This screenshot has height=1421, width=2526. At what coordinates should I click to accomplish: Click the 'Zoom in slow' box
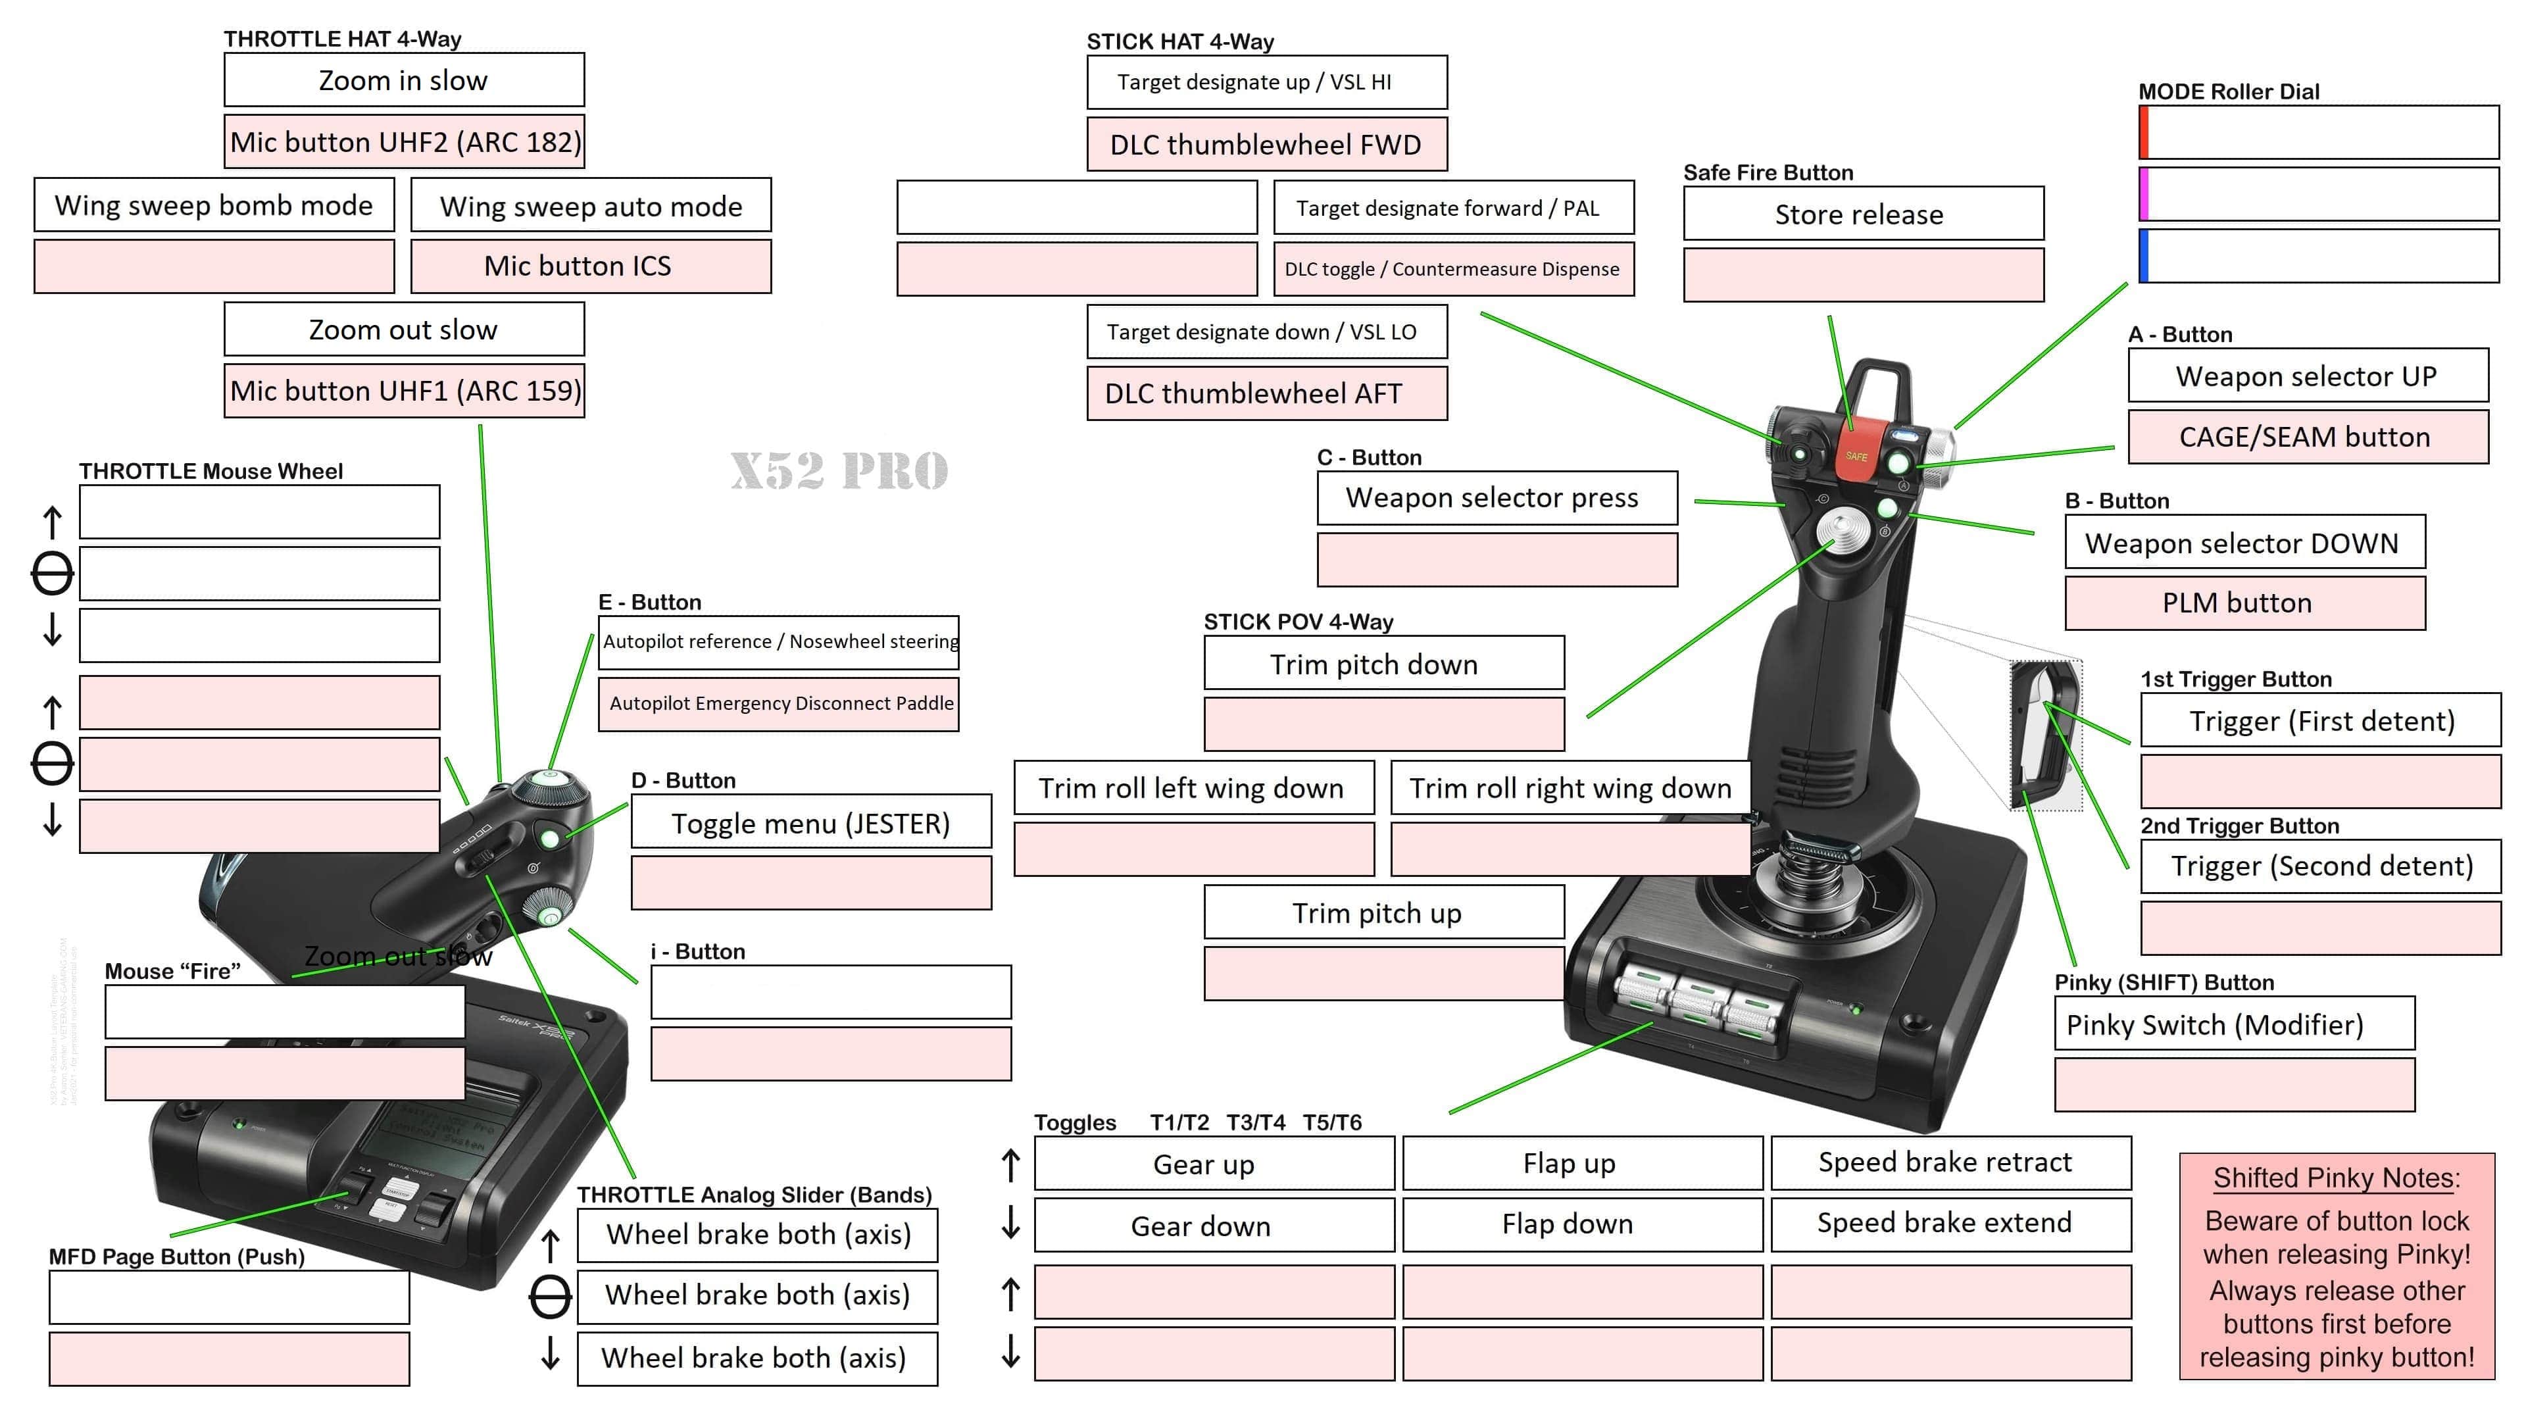403,80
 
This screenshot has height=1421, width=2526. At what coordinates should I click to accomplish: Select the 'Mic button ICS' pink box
590,266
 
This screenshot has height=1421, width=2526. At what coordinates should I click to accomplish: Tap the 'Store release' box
1863,214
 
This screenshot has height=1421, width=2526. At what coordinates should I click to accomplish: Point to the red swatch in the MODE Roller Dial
2144,132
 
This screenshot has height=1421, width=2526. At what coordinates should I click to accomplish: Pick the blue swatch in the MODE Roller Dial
2144,256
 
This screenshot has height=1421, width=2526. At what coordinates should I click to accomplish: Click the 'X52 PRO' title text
839,471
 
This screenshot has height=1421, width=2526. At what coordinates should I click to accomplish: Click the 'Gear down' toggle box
1213,1226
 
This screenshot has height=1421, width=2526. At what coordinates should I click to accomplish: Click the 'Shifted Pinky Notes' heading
2336,1178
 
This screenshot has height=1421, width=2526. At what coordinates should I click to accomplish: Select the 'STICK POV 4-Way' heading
1299,622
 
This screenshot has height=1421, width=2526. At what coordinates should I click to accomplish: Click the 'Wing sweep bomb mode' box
214,206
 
